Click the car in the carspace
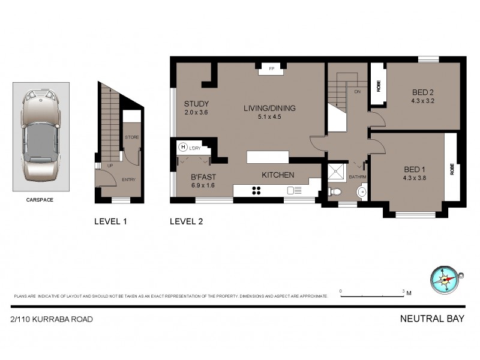point(41,137)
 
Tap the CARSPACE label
point(41,200)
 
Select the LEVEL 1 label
point(110,221)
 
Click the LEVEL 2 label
point(187,221)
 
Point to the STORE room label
point(132,137)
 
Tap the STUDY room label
point(196,103)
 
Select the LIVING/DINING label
point(271,109)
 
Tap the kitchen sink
point(295,191)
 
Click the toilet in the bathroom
point(337,192)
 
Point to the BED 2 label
point(422,92)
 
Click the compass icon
point(445,279)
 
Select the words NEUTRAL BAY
point(432,319)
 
